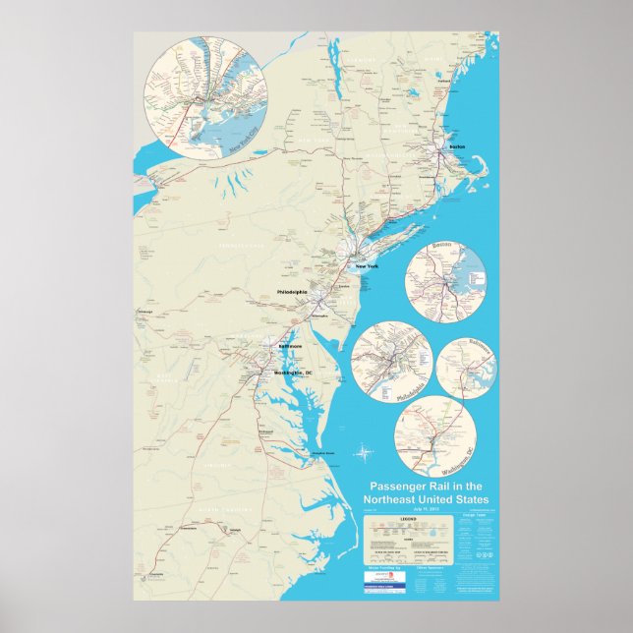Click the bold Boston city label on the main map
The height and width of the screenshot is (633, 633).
tap(456, 146)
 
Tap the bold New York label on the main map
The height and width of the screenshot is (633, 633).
tap(366, 267)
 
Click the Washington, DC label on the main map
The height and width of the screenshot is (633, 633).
tap(292, 374)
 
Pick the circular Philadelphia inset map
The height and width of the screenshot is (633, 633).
tap(391, 363)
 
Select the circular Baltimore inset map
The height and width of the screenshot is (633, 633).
tap(467, 369)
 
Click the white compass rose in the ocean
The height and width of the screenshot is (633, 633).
tap(365, 453)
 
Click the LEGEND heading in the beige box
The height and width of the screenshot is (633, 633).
tap(409, 518)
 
